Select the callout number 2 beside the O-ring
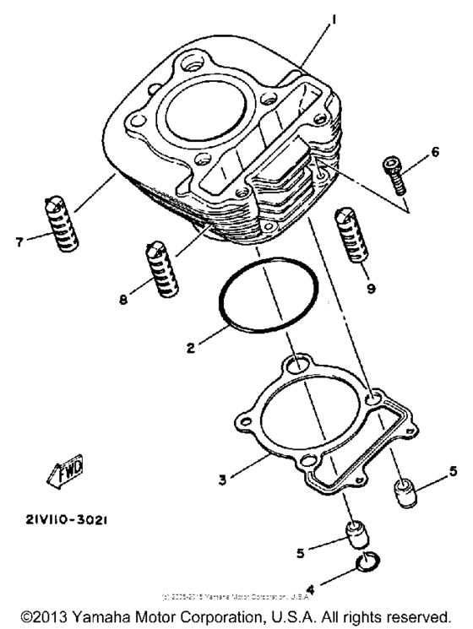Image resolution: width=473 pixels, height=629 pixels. [x=192, y=347]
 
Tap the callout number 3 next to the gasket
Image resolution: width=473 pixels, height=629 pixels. [x=222, y=480]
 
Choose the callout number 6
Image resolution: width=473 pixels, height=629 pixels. [x=435, y=152]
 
